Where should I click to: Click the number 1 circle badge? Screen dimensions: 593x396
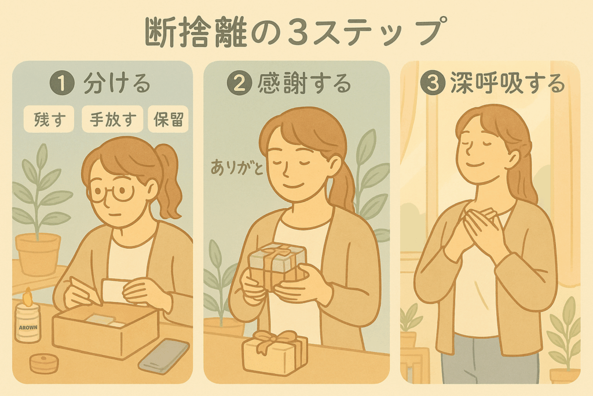[x=62, y=83]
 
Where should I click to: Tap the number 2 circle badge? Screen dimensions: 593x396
[x=239, y=83]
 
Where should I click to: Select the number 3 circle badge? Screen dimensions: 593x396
[x=432, y=83]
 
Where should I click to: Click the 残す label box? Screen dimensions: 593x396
[x=49, y=119]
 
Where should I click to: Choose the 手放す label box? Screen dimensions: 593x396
[x=112, y=119]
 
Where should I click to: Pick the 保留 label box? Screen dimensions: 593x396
[x=169, y=119]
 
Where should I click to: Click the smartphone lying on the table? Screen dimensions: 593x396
[x=164, y=357]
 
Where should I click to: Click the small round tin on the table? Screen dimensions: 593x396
[x=44, y=363]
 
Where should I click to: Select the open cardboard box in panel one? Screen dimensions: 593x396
[x=105, y=330]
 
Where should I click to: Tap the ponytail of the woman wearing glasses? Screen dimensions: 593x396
[x=170, y=180]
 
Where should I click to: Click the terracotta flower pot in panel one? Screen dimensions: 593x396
[x=38, y=253]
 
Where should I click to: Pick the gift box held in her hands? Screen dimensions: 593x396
[x=277, y=265]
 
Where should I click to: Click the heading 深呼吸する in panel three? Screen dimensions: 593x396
[x=507, y=83]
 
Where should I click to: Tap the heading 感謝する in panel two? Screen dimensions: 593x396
[x=305, y=83]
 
